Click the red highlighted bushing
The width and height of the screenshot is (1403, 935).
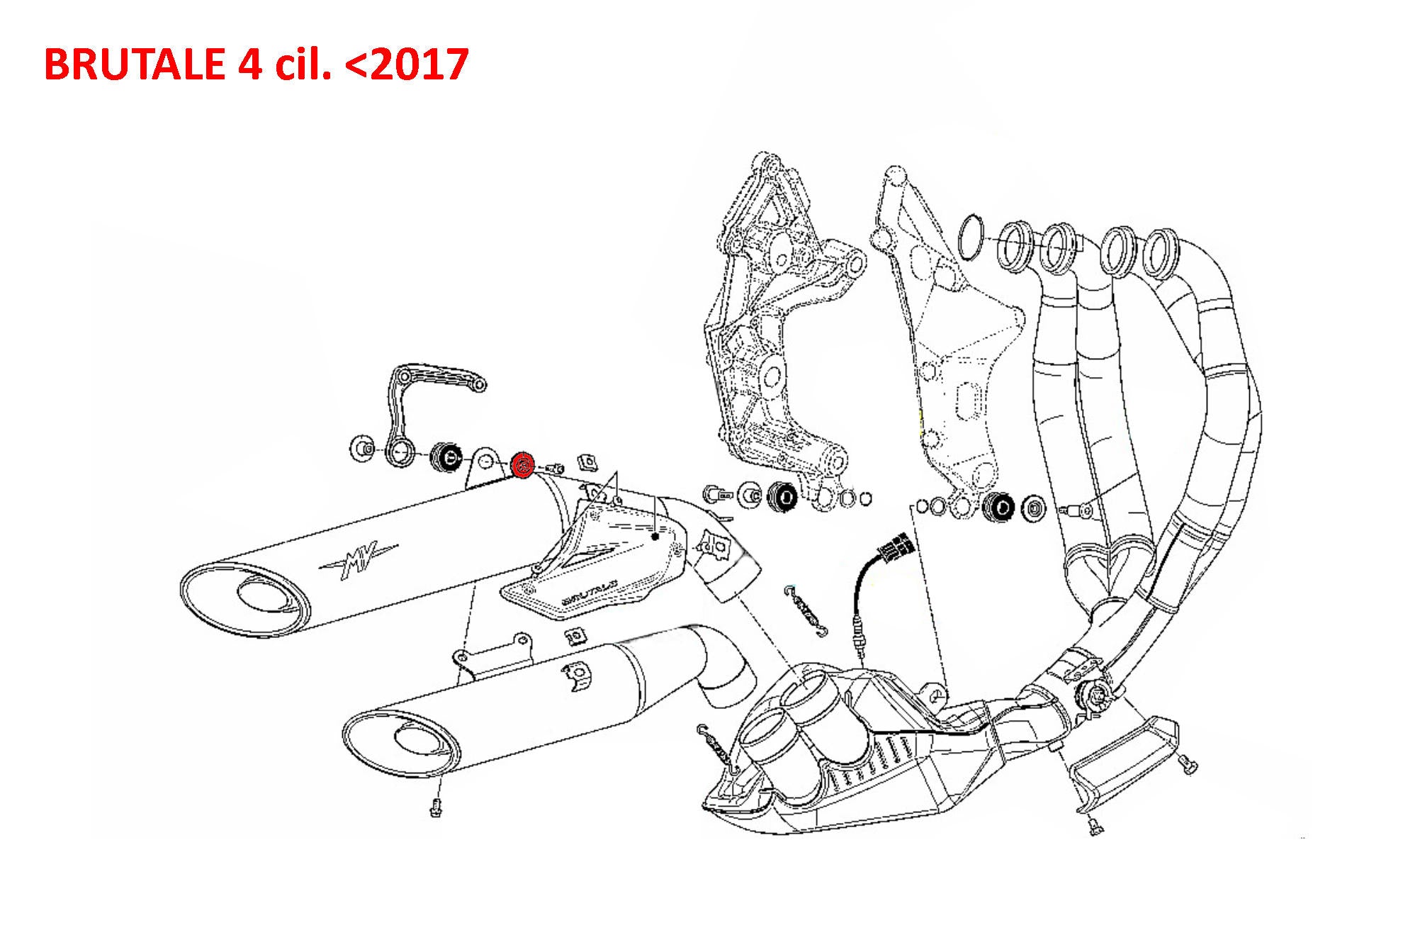coord(523,465)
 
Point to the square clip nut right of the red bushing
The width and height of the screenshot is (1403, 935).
coord(586,463)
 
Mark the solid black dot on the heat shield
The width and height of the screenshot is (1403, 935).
coord(655,537)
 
